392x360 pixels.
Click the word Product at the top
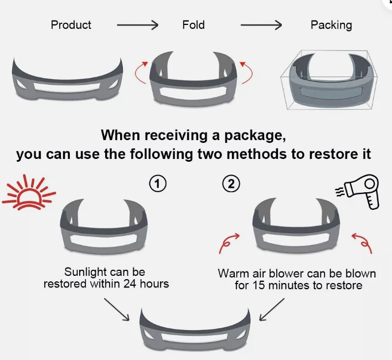[x=71, y=25]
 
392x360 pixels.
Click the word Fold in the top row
[x=193, y=25]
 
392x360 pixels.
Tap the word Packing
[x=331, y=25]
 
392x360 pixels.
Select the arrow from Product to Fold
[x=137, y=25]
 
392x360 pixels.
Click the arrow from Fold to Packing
[x=261, y=25]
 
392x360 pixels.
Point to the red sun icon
[x=29, y=193]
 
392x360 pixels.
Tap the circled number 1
[x=157, y=184]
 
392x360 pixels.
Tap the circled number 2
[x=231, y=184]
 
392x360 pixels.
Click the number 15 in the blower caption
[x=259, y=285]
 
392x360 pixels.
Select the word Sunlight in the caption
[x=85, y=272]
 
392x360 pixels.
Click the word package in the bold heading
[x=255, y=136]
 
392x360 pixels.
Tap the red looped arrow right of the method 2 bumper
[x=363, y=243]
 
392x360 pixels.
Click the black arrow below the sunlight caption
[x=117, y=309]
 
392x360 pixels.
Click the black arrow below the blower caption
[x=272, y=309]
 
